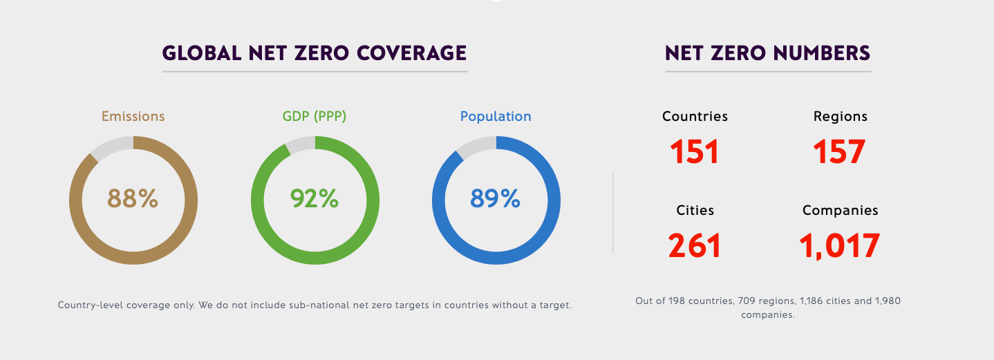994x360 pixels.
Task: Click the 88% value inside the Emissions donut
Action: (133, 199)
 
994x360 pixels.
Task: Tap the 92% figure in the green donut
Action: (315, 199)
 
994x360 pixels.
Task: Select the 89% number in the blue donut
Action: (495, 199)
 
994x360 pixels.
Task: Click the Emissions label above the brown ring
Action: (133, 116)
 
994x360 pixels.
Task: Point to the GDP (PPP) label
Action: (315, 116)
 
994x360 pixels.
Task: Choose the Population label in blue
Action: (496, 116)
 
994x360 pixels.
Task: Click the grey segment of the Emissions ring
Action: (113, 146)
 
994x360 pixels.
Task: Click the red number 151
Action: (695, 151)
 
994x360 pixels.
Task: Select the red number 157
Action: (839, 151)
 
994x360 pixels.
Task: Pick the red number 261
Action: (695, 246)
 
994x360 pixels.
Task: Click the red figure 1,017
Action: (839, 246)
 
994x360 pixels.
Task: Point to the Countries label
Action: (695, 116)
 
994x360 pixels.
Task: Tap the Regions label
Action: (840, 116)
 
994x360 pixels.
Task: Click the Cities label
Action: (695, 210)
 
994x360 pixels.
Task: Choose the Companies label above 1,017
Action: (840, 210)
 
